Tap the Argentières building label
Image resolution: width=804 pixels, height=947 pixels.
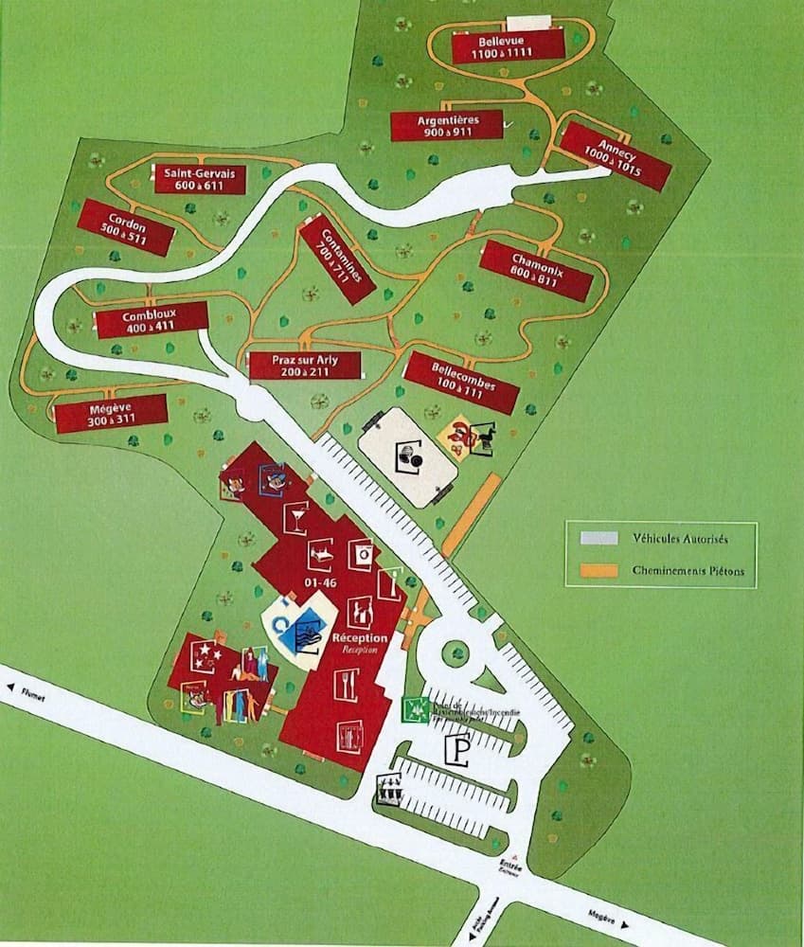447,125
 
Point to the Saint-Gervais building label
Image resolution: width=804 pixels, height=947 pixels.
201,179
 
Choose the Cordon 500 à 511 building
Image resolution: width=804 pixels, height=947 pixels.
126,227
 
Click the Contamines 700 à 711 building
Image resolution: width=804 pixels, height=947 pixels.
337,259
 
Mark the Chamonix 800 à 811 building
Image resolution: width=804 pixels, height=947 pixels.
536,270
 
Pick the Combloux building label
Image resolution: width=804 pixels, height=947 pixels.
152,320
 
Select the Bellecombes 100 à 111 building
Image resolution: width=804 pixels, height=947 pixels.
461,382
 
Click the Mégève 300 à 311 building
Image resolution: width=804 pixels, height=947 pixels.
111,413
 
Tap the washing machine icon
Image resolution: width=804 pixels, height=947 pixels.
361,552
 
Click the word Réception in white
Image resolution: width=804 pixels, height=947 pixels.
360,638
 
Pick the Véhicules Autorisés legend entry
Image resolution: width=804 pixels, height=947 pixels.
662,538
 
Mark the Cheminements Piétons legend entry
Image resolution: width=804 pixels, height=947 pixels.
662,571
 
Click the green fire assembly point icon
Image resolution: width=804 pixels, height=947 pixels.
412,707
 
